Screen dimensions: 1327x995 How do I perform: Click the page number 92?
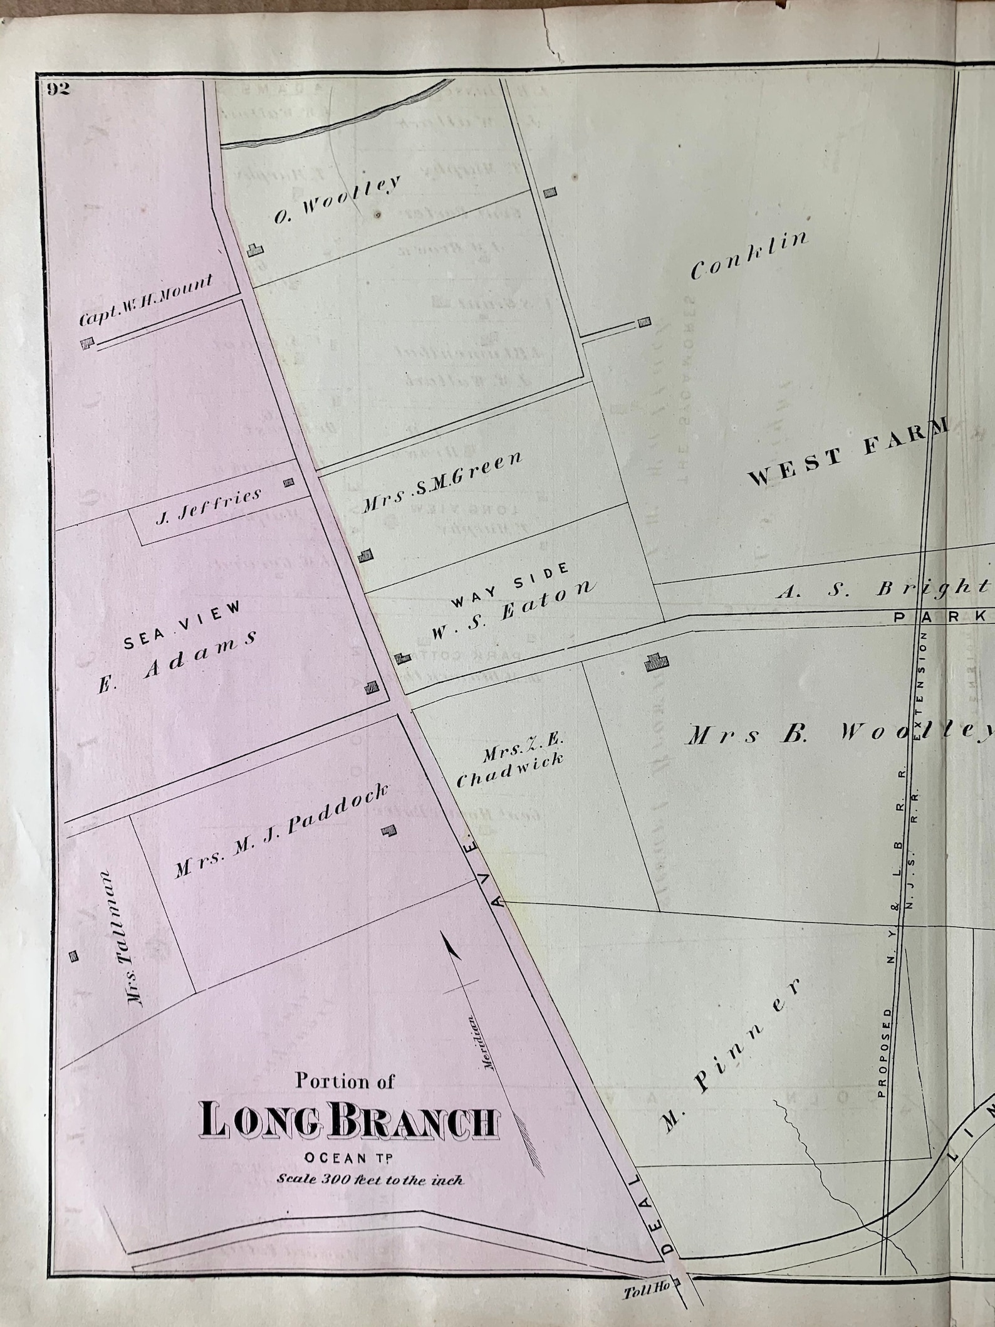pos(56,89)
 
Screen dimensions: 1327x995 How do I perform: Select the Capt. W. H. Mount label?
pos(145,301)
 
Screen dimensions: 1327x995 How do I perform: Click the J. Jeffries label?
pos(207,505)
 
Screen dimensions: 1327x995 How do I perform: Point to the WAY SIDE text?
pos(510,584)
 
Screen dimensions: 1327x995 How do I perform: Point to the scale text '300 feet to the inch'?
pos(370,1180)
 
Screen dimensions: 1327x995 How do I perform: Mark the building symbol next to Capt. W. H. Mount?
pos(87,344)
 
